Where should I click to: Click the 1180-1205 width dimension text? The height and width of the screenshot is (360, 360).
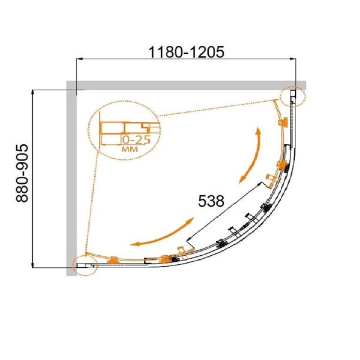pyautogui.click(x=186, y=52)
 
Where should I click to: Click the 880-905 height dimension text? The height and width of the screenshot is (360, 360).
pyautogui.click(x=22, y=173)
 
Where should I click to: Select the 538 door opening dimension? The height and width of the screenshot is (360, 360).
pyautogui.click(x=211, y=201)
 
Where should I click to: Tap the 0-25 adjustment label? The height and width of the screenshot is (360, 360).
pyautogui.click(x=136, y=140)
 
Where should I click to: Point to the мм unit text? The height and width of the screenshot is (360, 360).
pyautogui.click(x=130, y=149)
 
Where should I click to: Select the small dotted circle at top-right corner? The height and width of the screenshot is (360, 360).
pyautogui.click(x=293, y=96)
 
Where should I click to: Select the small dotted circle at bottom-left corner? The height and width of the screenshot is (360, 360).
pyautogui.click(x=85, y=265)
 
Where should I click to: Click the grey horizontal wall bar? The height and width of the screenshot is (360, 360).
pyautogui.click(x=186, y=85)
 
